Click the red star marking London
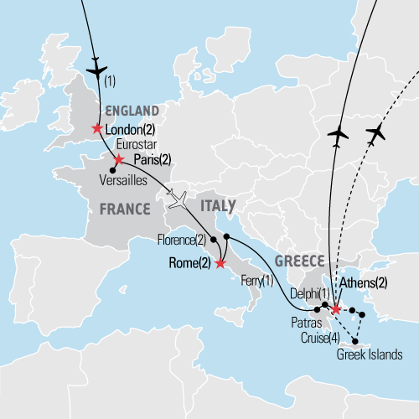coord(97,128)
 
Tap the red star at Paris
coord(118,159)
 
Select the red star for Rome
coord(220,264)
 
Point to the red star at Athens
coord(335,309)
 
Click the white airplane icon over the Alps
coord(178,200)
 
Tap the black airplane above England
coord(97,66)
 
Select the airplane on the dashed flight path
coord(379,132)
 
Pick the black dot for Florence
coord(214,240)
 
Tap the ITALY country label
coord(216,205)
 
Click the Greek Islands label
coord(368,354)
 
